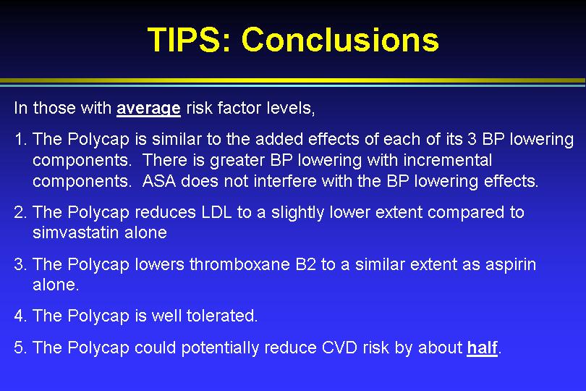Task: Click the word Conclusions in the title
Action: (341, 39)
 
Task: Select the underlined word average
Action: (149, 109)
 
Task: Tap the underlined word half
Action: (482, 348)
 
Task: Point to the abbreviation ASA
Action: (159, 181)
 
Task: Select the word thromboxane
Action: (239, 264)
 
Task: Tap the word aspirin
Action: (511, 265)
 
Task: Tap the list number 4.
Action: (20, 316)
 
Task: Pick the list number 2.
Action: (20, 212)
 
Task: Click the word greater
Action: (238, 161)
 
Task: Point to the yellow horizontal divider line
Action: (293, 80)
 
